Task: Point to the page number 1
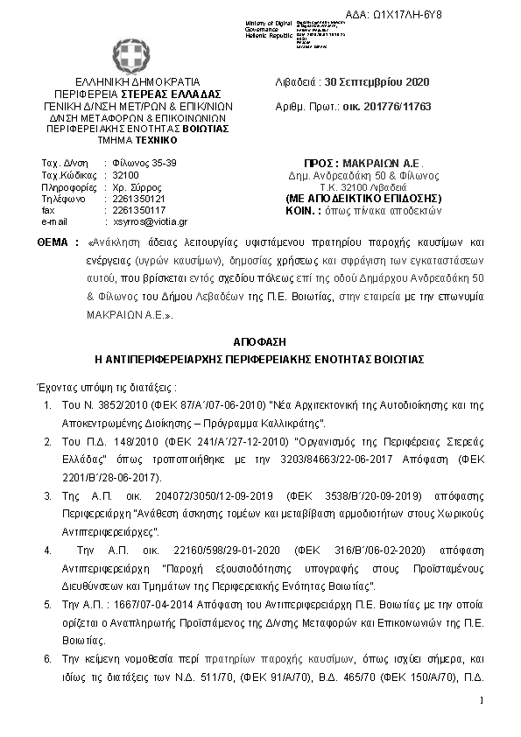point(482,700)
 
